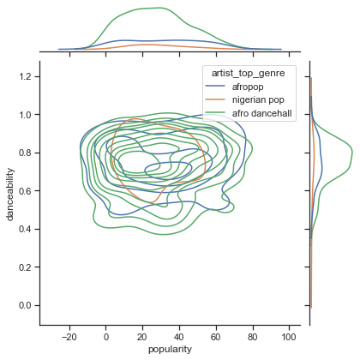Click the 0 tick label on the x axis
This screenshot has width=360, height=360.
click(106, 337)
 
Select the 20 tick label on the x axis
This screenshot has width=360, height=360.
click(143, 337)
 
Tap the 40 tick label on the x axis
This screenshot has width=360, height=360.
click(180, 337)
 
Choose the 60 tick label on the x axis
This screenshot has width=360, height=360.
click(217, 337)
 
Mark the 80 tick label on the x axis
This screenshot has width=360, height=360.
click(254, 337)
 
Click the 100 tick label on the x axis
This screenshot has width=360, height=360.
click(291, 337)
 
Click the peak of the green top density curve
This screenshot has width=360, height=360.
click(155, 8)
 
